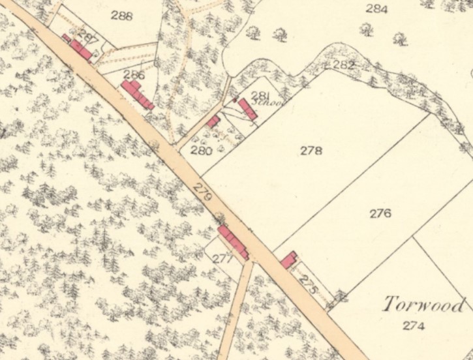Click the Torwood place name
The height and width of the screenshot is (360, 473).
pos(425,305)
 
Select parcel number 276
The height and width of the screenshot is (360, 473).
pos(380,213)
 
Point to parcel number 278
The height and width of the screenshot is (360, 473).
pos(311,151)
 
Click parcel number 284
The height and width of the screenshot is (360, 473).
pos(376,9)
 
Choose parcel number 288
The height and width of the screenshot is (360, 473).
pos(121,15)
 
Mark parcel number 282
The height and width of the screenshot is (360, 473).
pos(343,65)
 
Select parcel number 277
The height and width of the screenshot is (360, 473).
pos(222,258)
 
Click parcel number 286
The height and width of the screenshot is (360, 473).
pos(134,76)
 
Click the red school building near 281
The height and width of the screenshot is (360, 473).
pos(247,108)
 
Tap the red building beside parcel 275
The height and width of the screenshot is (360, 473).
pos(288,260)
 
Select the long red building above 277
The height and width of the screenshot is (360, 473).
pos(233,242)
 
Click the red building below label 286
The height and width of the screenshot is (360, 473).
pos(137,95)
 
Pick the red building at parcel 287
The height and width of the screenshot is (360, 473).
pos(80,48)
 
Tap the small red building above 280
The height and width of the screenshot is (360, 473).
pos(213,121)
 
